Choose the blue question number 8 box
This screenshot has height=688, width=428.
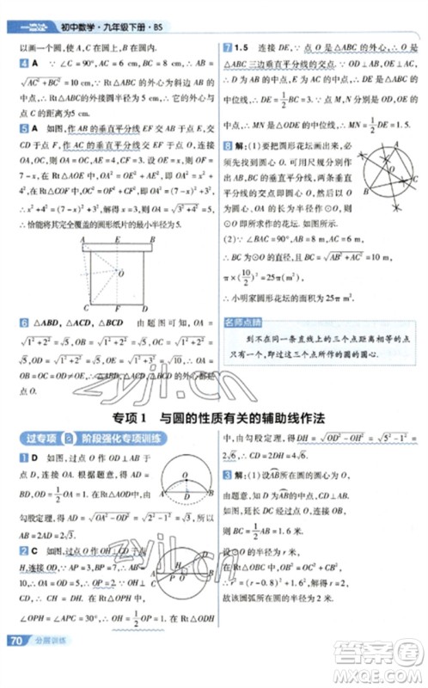[226, 146]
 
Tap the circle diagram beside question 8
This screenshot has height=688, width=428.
[386, 175]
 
